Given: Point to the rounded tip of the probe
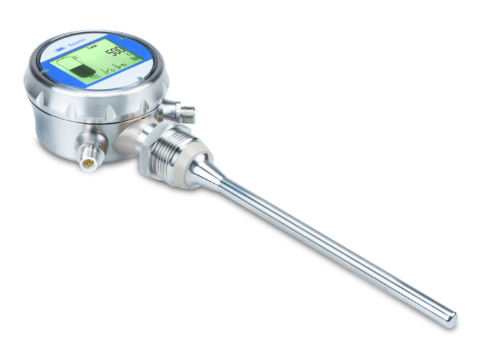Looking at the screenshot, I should click(453, 321).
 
